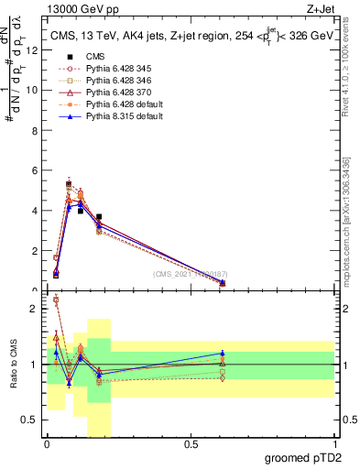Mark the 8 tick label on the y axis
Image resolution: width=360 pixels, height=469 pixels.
(x=34, y=131)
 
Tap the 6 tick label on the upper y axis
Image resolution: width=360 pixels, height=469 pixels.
(x=34, y=170)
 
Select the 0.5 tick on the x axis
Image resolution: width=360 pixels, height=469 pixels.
(x=191, y=444)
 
